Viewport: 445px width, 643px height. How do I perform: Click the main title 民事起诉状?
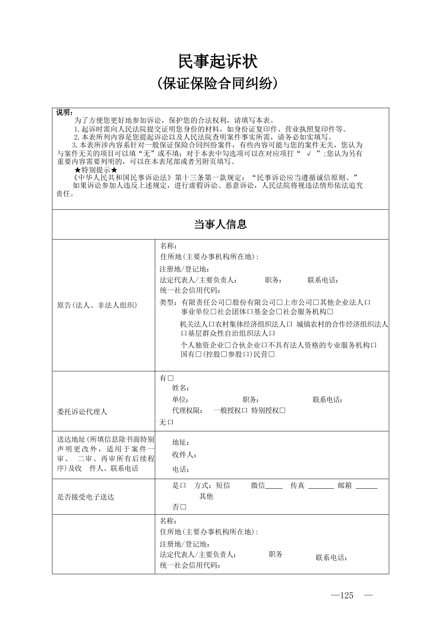(218, 62)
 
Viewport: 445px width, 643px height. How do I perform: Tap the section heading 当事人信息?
(220, 224)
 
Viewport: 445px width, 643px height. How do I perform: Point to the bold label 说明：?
(64, 112)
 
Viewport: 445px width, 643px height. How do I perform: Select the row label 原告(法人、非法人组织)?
(97, 305)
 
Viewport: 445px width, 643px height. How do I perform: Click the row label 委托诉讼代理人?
(82, 411)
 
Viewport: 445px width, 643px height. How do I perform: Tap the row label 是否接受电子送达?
(86, 497)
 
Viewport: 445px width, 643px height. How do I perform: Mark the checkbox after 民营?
(271, 354)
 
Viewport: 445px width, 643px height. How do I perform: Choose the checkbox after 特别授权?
(283, 410)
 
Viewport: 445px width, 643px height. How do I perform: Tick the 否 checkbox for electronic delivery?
(183, 507)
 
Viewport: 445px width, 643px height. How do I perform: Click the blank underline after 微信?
(274, 487)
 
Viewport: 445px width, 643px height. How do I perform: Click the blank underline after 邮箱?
(366, 487)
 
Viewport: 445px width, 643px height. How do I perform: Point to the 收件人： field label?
(185, 455)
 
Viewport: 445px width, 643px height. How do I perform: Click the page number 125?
(346, 595)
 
